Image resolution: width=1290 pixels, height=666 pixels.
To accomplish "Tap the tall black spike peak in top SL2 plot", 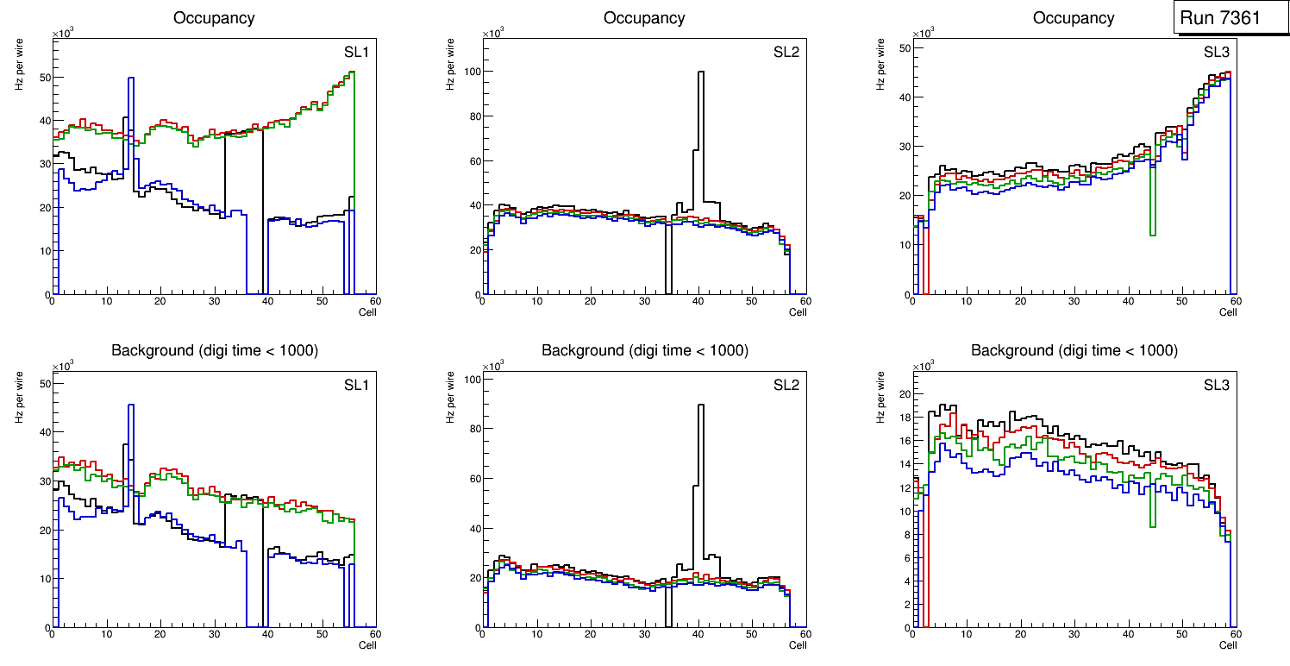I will tap(701, 72).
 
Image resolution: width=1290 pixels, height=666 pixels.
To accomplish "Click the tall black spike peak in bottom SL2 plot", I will tap(701, 405).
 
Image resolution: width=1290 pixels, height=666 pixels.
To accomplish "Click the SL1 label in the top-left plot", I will tap(356, 53).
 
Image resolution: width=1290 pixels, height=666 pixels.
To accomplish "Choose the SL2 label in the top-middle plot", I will tap(786, 53).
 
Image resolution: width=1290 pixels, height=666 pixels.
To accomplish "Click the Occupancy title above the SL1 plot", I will tap(214, 17).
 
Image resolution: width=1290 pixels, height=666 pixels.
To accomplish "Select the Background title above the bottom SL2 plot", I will tap(644, 350).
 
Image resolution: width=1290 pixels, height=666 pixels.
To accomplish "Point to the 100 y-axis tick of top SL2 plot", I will tap(469, 72).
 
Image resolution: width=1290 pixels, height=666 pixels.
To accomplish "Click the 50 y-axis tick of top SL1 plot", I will tap(43, 78).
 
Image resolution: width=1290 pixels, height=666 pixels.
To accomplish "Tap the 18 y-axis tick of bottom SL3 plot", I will tap(904, 417).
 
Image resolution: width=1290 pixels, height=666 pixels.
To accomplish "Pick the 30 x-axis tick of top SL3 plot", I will tap(1074, 301).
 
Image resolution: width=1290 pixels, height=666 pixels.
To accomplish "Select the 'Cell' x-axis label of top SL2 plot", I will tap(798, 311).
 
